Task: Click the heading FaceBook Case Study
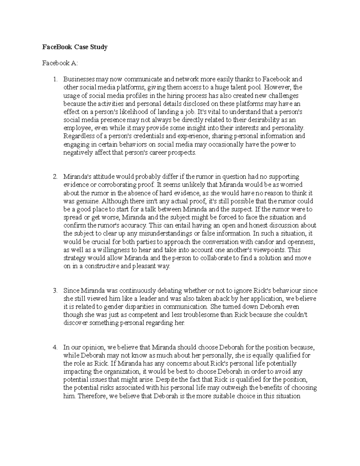click(75, 47)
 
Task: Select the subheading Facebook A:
click(60, 63)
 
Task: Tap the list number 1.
click(55, 79)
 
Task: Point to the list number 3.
click(55, 290)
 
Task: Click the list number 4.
click(55, 347)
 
